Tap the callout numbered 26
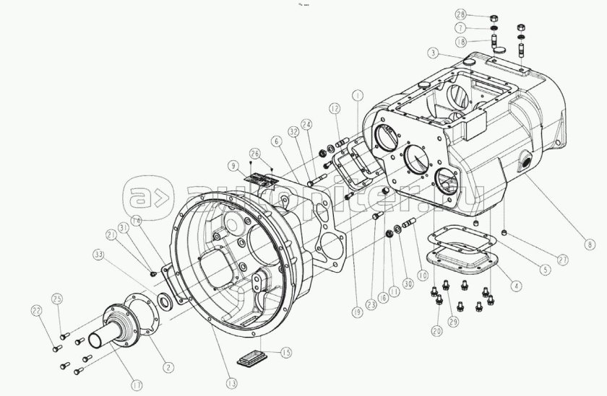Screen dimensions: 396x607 [254, 152]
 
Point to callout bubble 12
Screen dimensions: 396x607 [334, 107]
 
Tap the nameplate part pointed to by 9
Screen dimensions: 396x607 [259, 180]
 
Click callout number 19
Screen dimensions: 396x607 [356, 312]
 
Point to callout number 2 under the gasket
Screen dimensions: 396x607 [168, 367]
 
